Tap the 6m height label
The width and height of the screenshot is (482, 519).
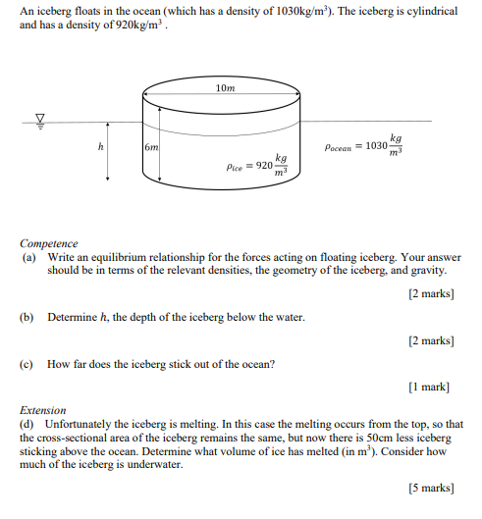(x=151, y=146)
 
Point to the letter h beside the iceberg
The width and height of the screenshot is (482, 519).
(x=100, y=146)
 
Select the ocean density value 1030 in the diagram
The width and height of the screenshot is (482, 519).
(x=375, y=147)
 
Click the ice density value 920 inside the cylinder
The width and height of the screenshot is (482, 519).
(x=263, y=165)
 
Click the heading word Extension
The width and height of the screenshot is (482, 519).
(x=43, y=410)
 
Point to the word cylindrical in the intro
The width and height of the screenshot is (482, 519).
(x=428, y=9)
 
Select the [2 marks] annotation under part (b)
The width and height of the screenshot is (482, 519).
(x=431, y=340)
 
